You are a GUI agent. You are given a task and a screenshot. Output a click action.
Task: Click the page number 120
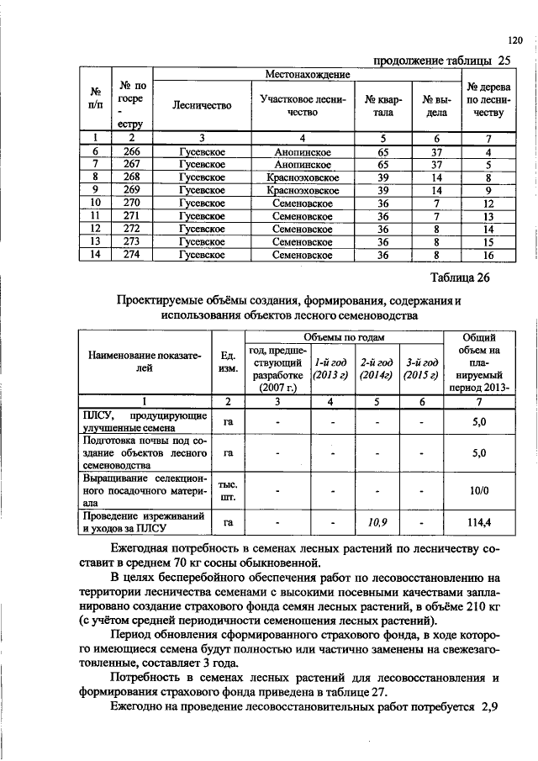(x=515, y=39)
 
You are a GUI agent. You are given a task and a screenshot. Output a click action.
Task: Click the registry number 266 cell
(x=131, y=151)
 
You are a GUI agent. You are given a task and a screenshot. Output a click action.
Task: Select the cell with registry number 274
(x=131, y=255)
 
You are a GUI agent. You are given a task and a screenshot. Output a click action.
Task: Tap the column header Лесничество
(x=200, y=106)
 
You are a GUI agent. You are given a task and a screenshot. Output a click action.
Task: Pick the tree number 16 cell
(x=488, y=255)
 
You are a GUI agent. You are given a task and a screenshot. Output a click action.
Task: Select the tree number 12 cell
(x=488, y=203)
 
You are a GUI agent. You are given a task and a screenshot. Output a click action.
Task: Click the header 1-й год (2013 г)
(x=330, y=368)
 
